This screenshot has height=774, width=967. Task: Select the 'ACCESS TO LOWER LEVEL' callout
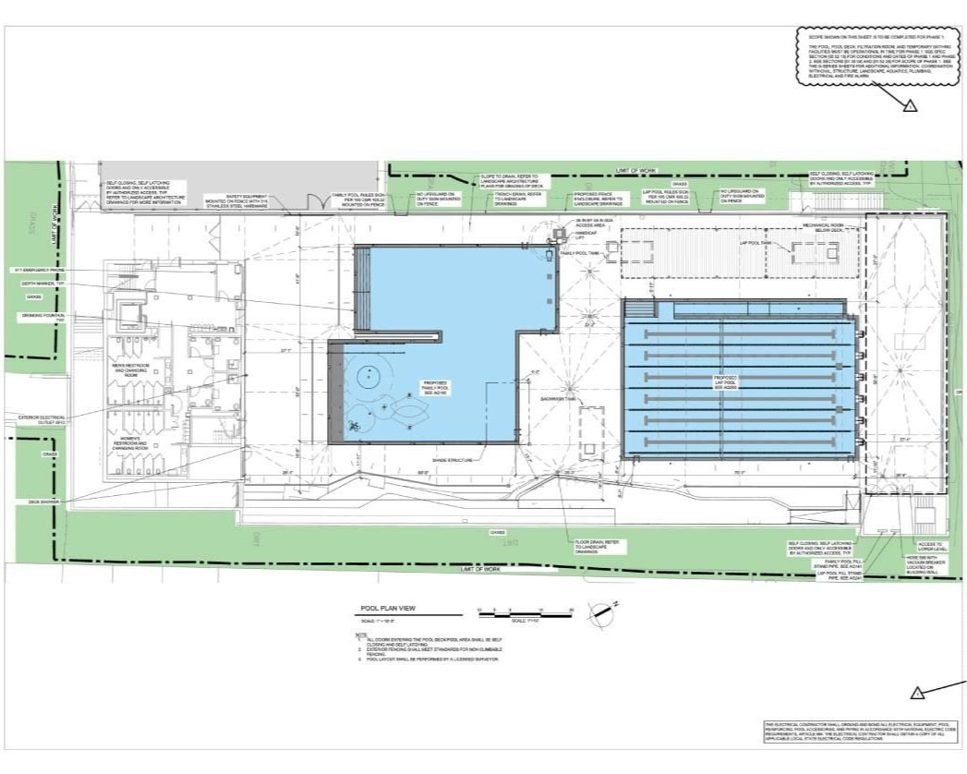[928, 547]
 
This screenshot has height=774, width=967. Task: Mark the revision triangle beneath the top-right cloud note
[910, 106]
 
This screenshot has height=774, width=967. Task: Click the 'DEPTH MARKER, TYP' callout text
[40, 284]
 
